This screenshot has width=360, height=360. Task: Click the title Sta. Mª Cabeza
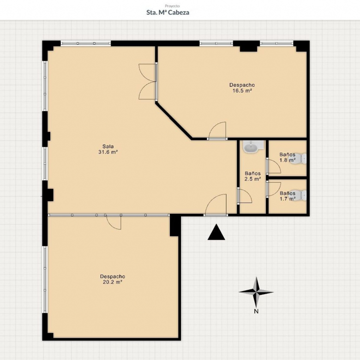point(168,12)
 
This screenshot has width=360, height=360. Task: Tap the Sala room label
point(108,146)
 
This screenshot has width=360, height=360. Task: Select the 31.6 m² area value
point(108,152)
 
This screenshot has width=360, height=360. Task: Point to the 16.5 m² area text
point(242,90)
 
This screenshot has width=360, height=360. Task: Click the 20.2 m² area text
point(113,282)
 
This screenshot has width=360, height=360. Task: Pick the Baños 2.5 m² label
point(252,176)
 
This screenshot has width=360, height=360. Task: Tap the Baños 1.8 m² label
point(287,157)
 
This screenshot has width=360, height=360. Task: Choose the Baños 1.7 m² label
point(288,196)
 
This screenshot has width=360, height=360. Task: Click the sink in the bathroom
point(251,147)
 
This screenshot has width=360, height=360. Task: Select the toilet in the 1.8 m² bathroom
point(298,158)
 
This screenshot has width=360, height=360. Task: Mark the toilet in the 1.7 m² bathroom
point(299,195)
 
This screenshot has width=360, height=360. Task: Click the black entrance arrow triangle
point(216,232)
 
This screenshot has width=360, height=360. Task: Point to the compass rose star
point(256,292)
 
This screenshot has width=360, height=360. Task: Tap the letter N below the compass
point(256,312)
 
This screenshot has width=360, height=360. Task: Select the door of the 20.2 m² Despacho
point(114,222)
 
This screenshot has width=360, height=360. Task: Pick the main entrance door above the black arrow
point(216,205)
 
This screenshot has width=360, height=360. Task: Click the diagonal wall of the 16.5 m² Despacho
point(174,121)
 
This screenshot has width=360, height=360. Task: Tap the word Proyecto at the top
point(173,6)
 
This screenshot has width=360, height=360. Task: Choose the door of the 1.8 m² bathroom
point(273,166)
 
